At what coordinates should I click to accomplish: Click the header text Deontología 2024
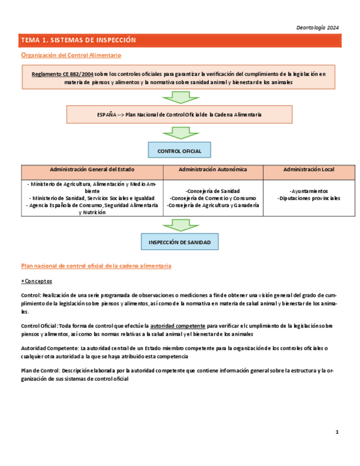click(317, 27)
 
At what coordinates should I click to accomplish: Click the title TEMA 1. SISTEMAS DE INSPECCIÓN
click(78, 41)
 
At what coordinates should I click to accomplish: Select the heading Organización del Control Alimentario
click(71, 55)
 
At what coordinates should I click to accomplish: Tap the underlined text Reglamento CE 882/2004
click(62, 73)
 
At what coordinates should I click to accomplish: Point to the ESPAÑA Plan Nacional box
click(179, 115)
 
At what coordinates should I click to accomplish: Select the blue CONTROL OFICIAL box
click(179, 151)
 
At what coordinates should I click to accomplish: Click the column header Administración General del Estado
click(92, 170)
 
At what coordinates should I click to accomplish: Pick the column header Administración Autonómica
click(213, 170)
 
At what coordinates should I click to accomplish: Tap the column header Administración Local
click(308, 170)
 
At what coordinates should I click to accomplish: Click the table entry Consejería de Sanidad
click(212, 191)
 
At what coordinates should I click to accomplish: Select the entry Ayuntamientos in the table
click(308, 191)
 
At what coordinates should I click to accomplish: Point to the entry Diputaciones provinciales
click(308, 198)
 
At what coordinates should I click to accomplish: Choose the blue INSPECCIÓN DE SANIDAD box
click(179, 242)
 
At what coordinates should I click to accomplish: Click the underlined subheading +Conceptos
click(36, 281)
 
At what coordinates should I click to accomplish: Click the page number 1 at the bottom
click(337, 432)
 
